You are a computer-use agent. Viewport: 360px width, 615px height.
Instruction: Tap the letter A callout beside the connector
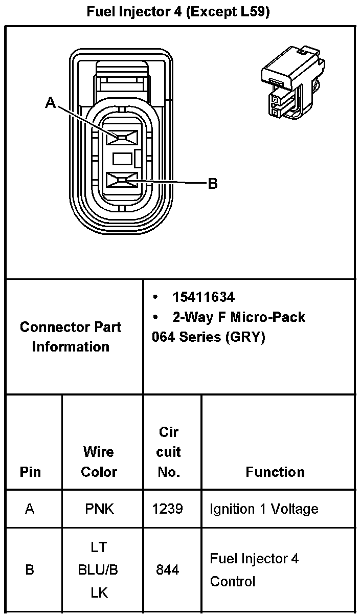tap(50, 103)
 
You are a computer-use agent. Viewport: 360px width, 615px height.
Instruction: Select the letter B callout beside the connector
tap(213, 183)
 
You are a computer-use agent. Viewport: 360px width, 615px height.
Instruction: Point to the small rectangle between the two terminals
tap(123, 159)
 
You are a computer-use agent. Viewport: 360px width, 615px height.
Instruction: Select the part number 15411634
tap(204, 297)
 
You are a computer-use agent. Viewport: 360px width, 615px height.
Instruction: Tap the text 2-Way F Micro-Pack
tap(238, 317)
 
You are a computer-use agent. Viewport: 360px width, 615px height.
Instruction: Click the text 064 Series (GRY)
tap(209, 338)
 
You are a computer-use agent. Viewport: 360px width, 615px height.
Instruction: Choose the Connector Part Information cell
tap(71, 337)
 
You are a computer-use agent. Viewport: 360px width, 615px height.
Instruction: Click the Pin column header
tap(31, 472)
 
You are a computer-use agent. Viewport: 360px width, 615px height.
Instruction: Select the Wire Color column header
tap(99, 462)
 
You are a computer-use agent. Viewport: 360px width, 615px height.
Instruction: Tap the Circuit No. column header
tap(169, 452)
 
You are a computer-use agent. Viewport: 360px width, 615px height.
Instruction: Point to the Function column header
tap(275, 472)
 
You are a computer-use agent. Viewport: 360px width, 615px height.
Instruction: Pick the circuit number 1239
tap(168, 509)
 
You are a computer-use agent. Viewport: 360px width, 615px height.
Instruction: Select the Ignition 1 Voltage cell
tap(264, 509)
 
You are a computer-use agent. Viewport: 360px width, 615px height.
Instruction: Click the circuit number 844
tap(168, 569)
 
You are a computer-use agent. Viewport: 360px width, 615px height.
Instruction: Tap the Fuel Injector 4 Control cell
tap(254, 569)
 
